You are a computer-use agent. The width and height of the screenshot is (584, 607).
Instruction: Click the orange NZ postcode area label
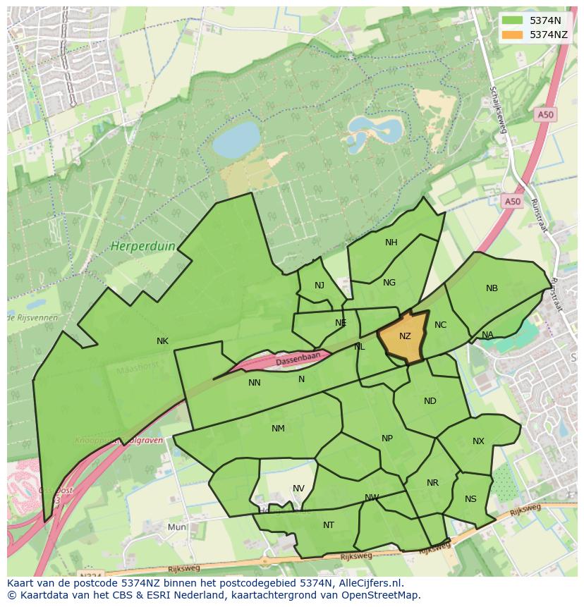[x=405, y=336]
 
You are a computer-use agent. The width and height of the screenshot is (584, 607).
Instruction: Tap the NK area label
[x=162, y=341]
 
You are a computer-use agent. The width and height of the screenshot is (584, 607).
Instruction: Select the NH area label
[x=391, y=243]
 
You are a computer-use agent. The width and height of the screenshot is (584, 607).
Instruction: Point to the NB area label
[x=492, y=288]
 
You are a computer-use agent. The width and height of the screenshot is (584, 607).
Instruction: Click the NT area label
[x=329, y=525]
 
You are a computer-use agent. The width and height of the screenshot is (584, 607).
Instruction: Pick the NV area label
[x=298, y=489]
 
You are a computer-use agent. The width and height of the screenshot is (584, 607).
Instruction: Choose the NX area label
[x=478, y=441]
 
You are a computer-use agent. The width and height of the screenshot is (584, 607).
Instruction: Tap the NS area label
[x=470, y=499]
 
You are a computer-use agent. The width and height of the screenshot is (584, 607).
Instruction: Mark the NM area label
[x=278, y=429]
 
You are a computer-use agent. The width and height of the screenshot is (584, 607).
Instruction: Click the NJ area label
[x=320, y=286]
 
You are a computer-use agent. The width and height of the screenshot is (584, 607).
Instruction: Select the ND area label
[x=430, y=401]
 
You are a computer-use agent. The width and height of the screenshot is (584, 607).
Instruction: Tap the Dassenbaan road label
[x=298, y=359]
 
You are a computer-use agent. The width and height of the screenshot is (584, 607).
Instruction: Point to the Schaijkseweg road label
[x=499, y=110]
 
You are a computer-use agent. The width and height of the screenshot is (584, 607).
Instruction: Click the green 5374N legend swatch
[x=512, y=20]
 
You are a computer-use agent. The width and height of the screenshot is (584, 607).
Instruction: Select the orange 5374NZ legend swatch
[x=512, y=35]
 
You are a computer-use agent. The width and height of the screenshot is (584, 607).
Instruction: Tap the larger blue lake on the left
[x=236, y=140]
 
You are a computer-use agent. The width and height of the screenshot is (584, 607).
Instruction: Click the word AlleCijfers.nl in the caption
[x=368, y=583]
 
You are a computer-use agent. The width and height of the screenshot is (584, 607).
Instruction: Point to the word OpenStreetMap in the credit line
[x=383, y=595]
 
